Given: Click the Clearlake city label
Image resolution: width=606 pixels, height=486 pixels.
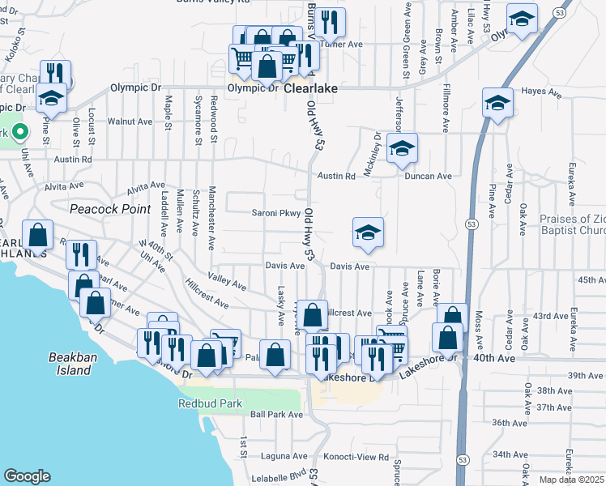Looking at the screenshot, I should click(309, 87).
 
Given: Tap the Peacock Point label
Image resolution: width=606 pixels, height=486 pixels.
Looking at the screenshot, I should click(110, 209).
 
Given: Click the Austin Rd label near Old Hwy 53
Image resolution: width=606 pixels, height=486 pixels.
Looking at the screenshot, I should click(336, 176).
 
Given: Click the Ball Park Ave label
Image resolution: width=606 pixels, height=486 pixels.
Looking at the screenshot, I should click(276, 415).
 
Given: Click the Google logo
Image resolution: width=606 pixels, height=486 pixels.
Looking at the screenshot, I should click(27, 476).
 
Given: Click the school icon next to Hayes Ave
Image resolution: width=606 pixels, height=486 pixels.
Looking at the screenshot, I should click(497, 103).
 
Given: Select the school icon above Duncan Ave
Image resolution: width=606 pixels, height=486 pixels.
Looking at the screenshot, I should click(402, 148).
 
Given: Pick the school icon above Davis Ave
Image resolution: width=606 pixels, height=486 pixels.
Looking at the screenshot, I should click(368, 232).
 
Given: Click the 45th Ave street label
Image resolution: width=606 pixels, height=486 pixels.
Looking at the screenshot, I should click(591, 280).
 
